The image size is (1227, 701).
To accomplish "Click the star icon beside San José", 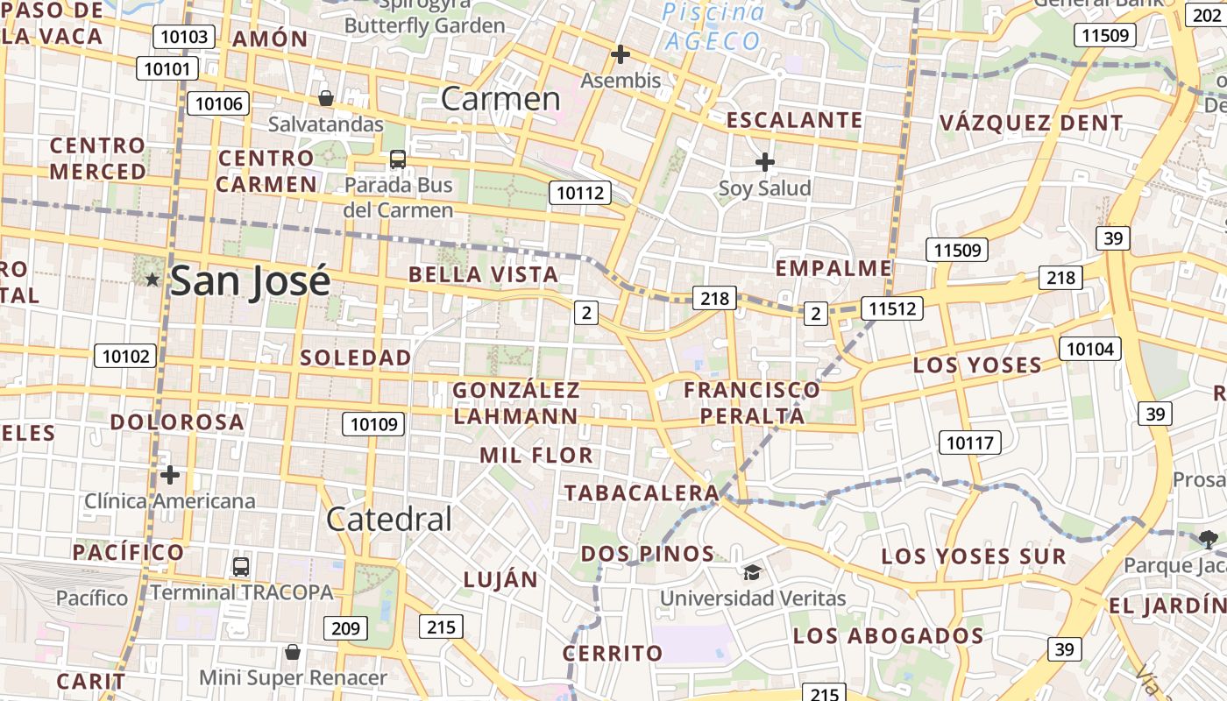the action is (x=152, y=280).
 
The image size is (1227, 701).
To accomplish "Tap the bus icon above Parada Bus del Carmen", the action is (x=398, y=159).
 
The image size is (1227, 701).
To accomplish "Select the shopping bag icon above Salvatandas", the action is (x=326, y=98).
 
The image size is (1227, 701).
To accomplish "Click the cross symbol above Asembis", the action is (x=621, y=54).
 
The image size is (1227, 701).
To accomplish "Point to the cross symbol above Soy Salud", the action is (x=765, y=162).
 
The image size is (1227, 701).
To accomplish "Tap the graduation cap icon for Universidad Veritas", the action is (x=752, y=572).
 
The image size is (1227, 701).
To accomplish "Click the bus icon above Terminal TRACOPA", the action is (x=241, y=566).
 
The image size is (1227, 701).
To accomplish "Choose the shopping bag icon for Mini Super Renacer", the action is (x=293, y=652).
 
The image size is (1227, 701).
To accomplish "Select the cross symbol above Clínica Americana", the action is (x=170, y=475).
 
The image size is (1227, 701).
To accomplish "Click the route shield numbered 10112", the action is (x=580, y=193).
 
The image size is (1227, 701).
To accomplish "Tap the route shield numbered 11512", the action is (x=892, y=308).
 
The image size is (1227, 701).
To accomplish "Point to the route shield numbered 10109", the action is (x=374, y=425).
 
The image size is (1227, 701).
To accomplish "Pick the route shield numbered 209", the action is (x=346, y=627).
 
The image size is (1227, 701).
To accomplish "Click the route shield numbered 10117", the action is (x=970, y=443).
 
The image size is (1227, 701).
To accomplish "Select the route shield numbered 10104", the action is (x=1090, y=349).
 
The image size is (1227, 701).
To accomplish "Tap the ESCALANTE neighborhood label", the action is (x=795, y=120).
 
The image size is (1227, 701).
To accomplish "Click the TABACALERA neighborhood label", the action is (x=642, y=492).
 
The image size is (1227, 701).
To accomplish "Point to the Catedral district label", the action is (x=389, y=520).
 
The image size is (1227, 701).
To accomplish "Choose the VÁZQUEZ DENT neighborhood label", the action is (x=1032, y=123).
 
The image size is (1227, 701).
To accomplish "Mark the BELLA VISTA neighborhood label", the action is (x=484, y=274).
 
